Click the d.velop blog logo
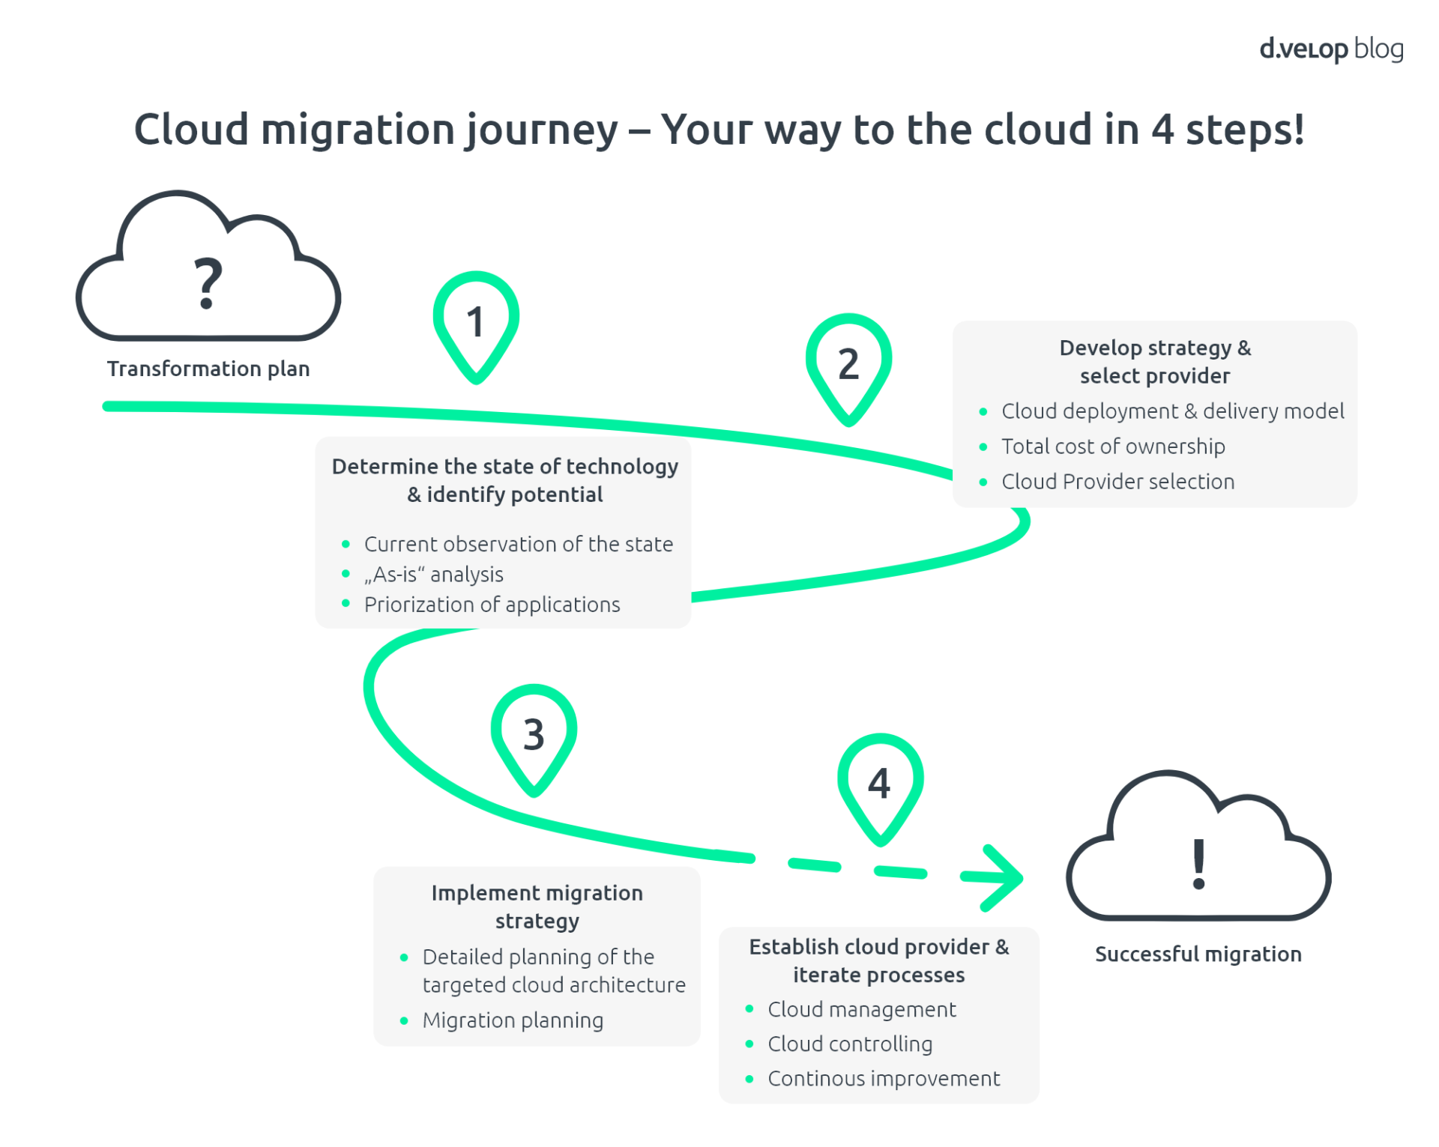[x=1330, y=49]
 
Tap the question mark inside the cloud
[x=208, y=283]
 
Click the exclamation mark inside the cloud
[x=1198, y=864]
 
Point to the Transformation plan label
[x=208, y=369]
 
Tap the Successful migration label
[x=1197, y=954]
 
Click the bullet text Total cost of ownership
[x=1112, y=447]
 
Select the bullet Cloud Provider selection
[x=1117, y=482]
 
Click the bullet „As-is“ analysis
[x=433, y=575]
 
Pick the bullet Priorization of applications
[x=492, y=605]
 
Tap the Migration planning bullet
[x=512, y=1020]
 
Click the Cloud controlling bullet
[x=849, y=1044]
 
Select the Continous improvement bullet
[x=883, y=1079]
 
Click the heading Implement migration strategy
[x=537, y=907]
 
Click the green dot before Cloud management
[x=749, y=1009]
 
